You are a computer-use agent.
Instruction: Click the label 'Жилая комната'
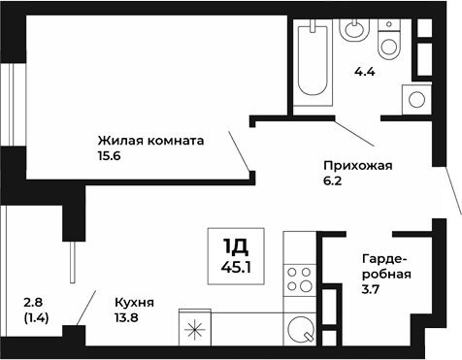[x=150, y=140]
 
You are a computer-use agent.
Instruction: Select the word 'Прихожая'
[x=358, y=166]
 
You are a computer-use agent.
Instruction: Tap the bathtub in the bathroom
[x=313, y=58]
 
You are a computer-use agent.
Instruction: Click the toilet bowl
[x=390, y=42]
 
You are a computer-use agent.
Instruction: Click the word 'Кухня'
[x=133, y=302]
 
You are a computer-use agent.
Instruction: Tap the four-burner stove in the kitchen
[x=300, y=279]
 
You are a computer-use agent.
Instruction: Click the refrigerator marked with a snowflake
[x=195, y=329]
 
